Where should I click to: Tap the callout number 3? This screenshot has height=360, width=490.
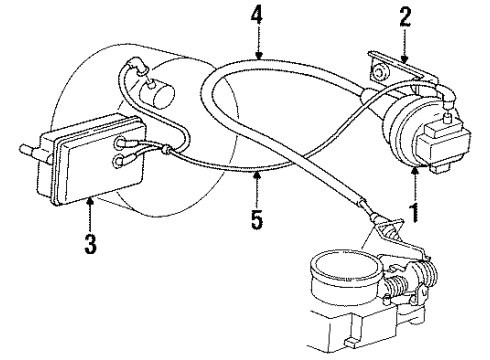[x=92, y=243]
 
